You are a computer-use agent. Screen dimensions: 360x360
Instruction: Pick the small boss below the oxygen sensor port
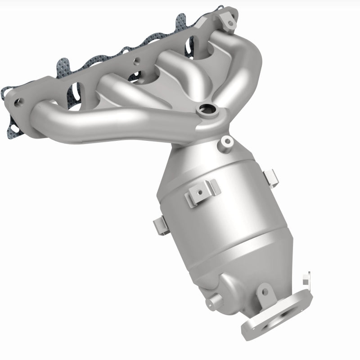coord(225,142)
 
